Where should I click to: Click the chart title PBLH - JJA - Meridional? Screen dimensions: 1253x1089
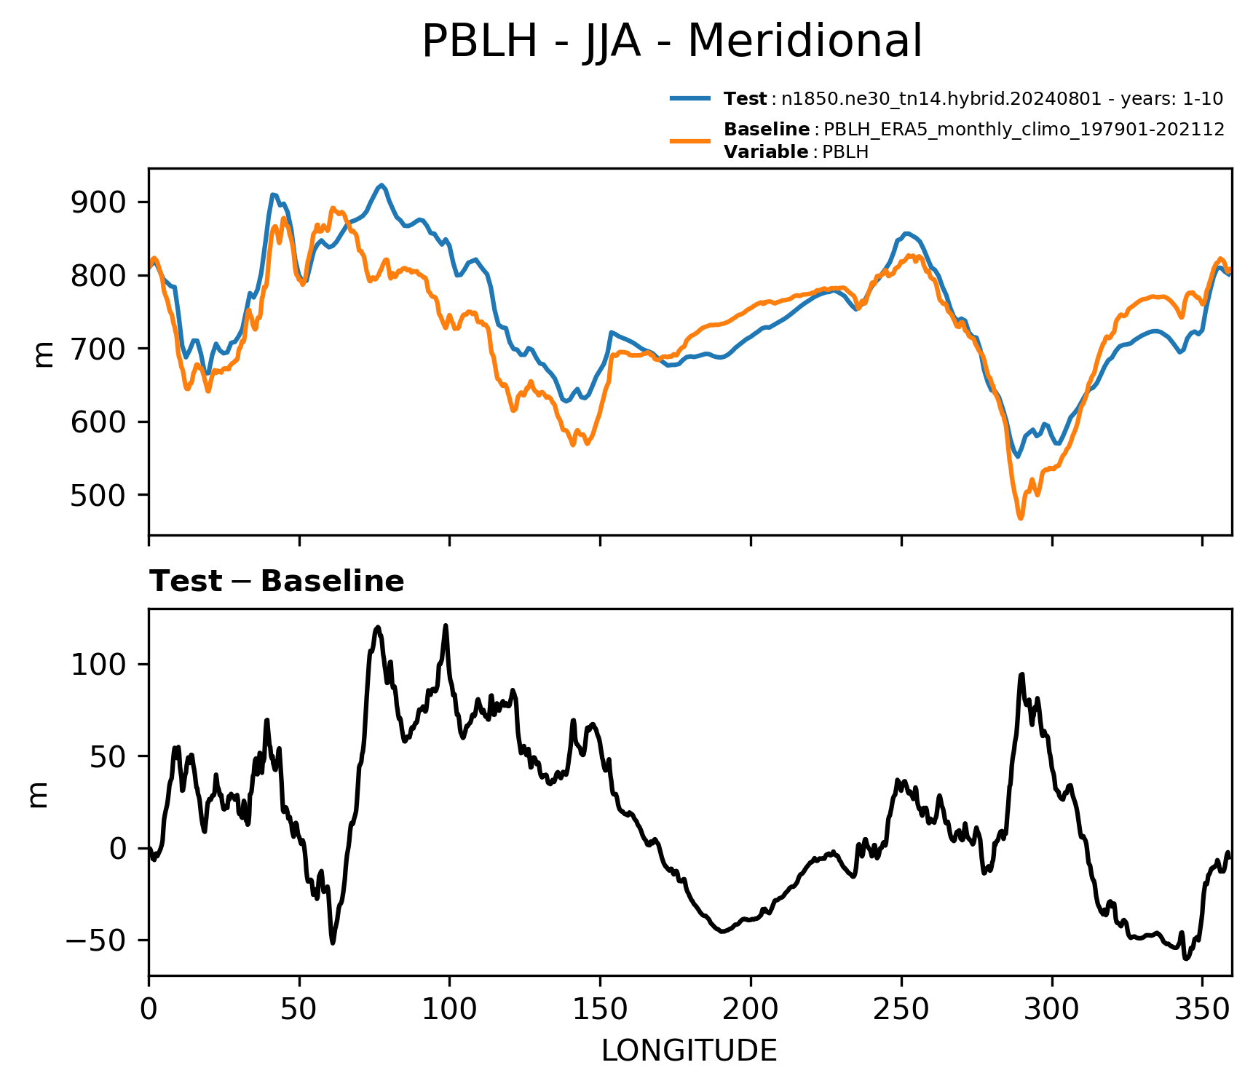(x=671, y=41)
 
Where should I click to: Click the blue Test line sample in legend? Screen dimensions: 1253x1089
(x=690, y=98)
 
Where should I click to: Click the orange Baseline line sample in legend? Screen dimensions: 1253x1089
(x=690, y=140)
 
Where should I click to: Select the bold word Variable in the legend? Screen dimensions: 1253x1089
(x=766, y=152)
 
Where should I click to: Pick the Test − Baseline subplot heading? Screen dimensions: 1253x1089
(x=277, y=582)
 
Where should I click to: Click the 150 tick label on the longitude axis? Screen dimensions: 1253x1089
(x=600, y=1010)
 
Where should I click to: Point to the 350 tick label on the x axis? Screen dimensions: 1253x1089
(x=1202, y=1010)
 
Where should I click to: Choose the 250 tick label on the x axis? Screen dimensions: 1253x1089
(x=901, y=1010)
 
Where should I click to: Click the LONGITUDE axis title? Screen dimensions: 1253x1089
(x=689, y=1051)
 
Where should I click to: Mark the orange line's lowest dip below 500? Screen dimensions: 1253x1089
(x=1021, y=518)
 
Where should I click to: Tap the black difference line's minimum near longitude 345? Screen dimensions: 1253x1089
(x=1186, y=959)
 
